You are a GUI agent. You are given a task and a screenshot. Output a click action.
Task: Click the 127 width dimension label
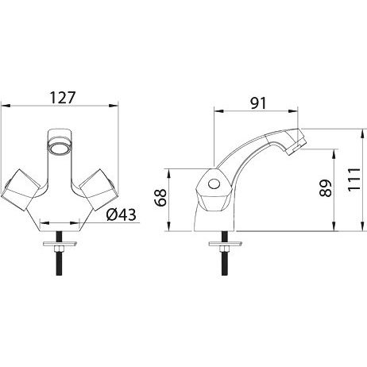pyautogui.click(x=63, y=98)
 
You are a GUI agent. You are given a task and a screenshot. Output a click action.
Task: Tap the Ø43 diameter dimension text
pyautogui.click(x=122, y=214)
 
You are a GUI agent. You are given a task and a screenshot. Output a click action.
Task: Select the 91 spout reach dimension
pyautogui.click(x=258, y=103)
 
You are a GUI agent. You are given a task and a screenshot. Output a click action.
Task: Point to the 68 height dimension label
pyautogui.click(x=161, y=198)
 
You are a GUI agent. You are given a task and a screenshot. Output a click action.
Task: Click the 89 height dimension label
pyautogui.click(x=325, y=188)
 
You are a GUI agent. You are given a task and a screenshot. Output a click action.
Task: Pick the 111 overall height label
pyautogui.click(x=354, y=180)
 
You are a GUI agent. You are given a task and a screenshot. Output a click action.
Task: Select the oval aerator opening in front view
pyautogui.click(x=60, y=147)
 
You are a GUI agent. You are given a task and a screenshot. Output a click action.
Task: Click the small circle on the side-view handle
pyautogui.click(x=214, y=184)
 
